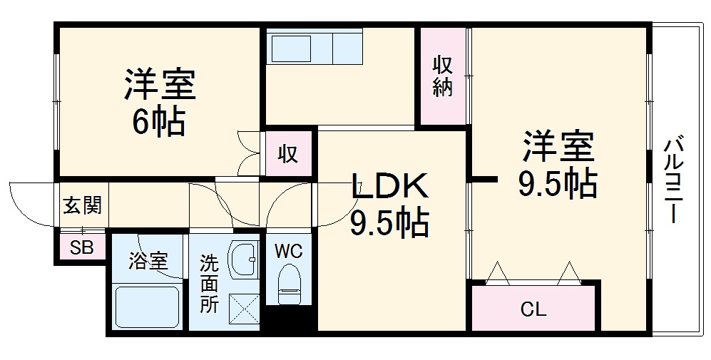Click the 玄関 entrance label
(82, 206)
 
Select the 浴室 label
(148, 261)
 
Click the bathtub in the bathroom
(147, 307)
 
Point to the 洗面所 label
(209, 282)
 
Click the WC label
(290, 251)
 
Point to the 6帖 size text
(158, 122)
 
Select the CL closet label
(533, 309)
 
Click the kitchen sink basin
(296, 48)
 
